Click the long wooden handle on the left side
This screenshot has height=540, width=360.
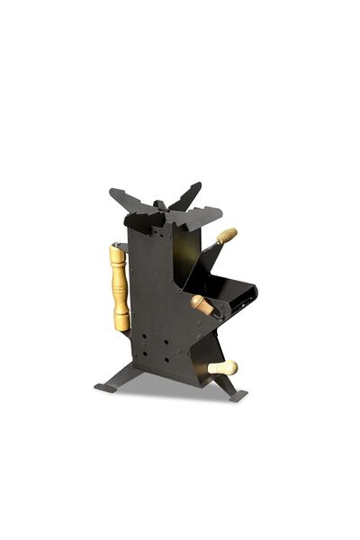point(119,286)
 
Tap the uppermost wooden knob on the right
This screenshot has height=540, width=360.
point(226,236)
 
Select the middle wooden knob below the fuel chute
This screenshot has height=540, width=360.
point(202,305)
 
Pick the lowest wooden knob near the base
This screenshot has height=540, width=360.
point(222,367)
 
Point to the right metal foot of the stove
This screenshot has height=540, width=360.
point(233,393)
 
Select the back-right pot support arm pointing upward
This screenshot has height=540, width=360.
point(189,193)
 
